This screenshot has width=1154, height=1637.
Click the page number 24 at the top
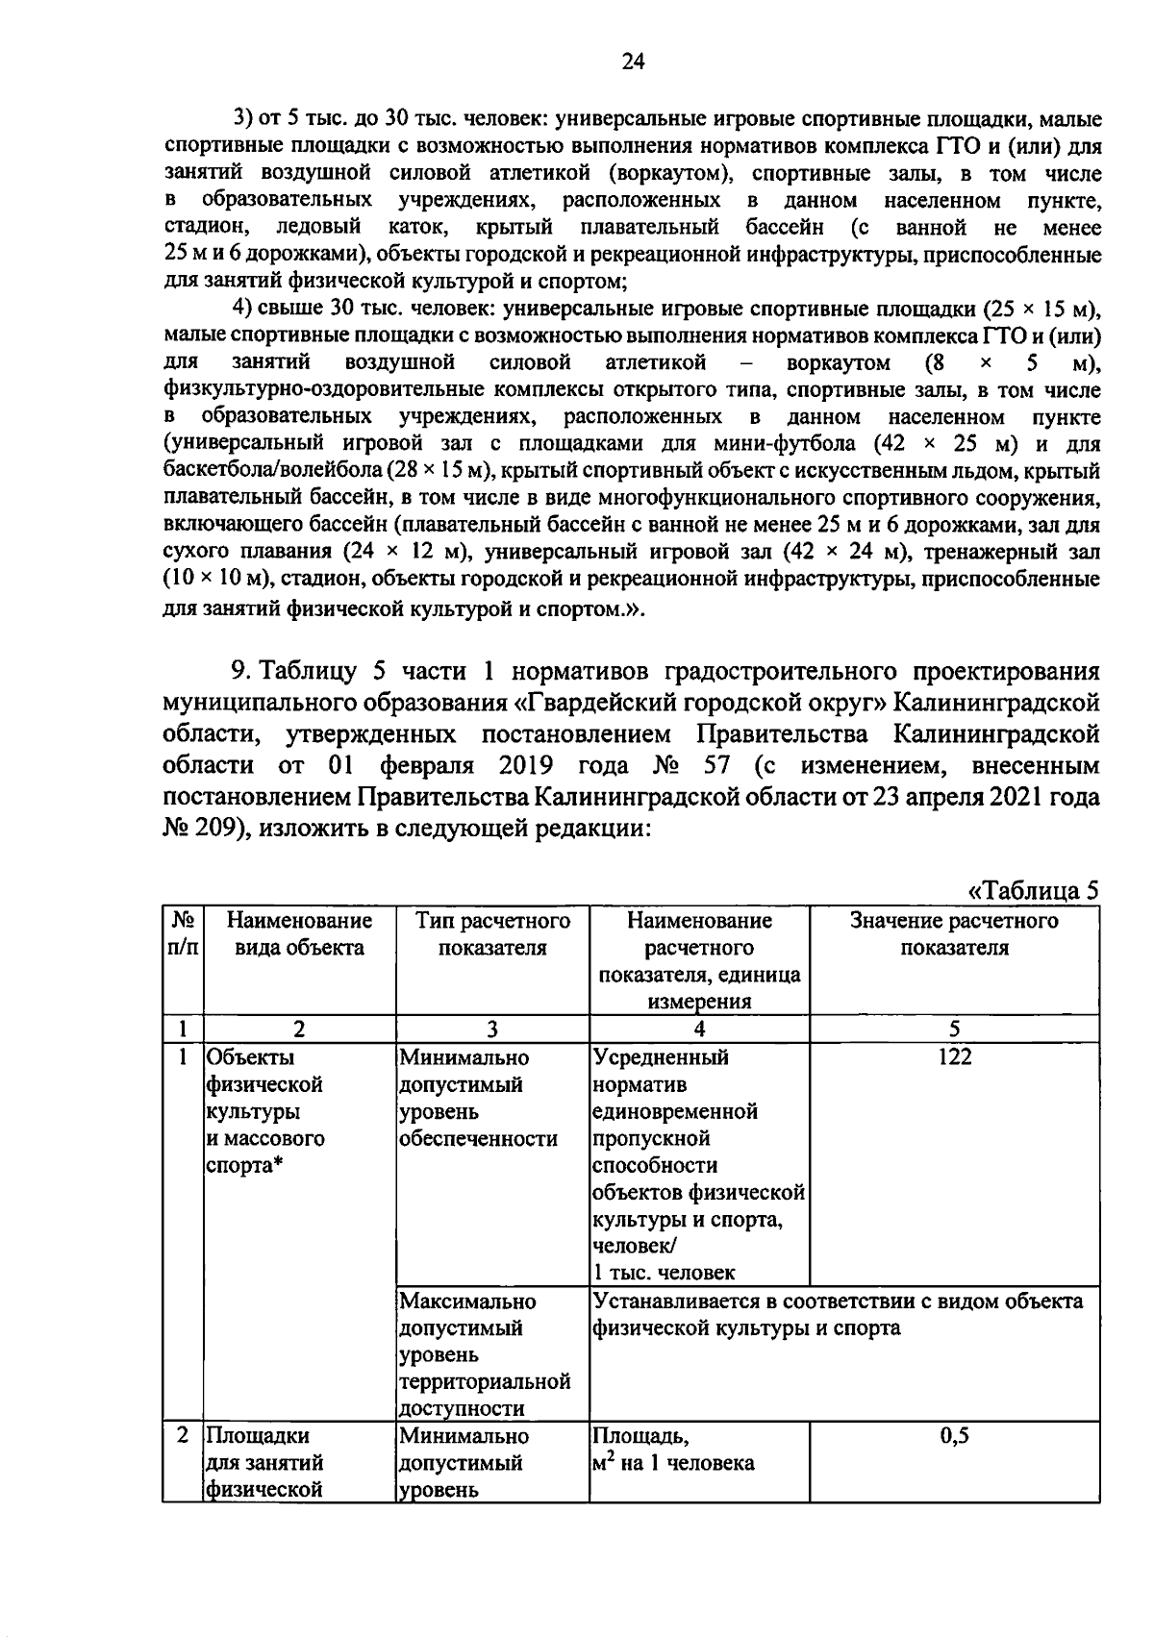click(x=632, y=62)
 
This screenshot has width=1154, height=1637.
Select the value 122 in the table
click(x=954, y=1057)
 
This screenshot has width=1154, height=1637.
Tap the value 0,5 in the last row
click(x=954, y=1436)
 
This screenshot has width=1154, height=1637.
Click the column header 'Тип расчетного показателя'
click(x=492, y=934)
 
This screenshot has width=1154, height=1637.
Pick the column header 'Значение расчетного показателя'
click(x=954, y=934)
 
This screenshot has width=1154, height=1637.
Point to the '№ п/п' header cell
click(x=182, y=934)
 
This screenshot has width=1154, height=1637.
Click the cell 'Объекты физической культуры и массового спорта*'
click(x=264, y=1111)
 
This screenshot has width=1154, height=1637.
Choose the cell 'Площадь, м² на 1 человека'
click(x=673, y=1450)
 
